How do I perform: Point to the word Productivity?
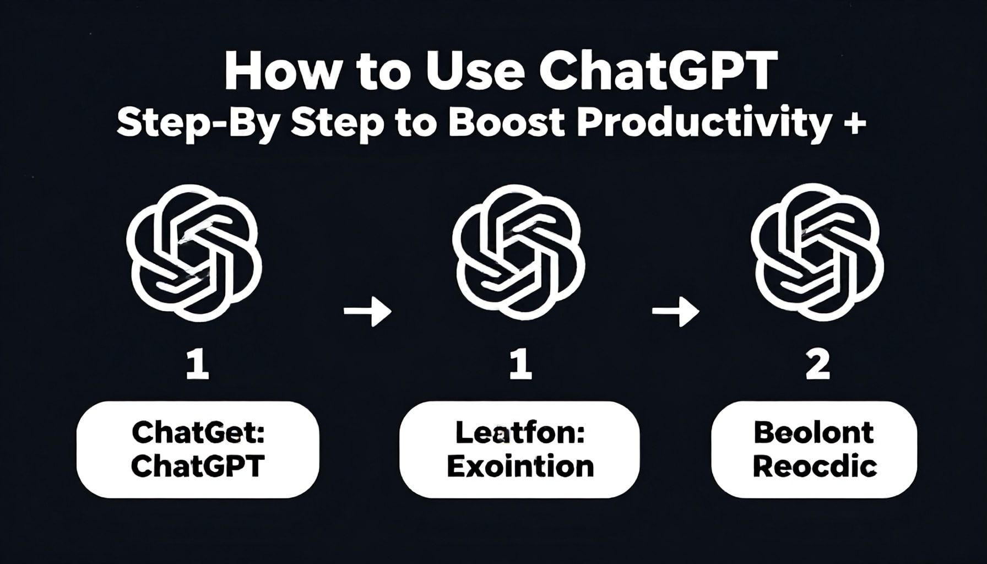coord(703,124)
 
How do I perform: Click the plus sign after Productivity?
coord(853,124)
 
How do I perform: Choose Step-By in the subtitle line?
coord(198,124)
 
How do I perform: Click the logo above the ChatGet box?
coord(194,253)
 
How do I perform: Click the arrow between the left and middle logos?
coord(367,311)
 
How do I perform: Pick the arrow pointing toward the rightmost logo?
coord(675,311)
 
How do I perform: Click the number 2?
coord(817,366)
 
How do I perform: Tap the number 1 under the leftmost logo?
coord(197,366)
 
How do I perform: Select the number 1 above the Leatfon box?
coord(520,366)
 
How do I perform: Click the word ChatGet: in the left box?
coord(198,433)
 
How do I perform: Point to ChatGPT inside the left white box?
coord(198,467)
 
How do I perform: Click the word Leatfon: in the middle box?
coord(519,433)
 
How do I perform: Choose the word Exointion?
coord(520,467)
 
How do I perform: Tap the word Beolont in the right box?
coord(814,433)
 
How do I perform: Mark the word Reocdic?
coord(815,467)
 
